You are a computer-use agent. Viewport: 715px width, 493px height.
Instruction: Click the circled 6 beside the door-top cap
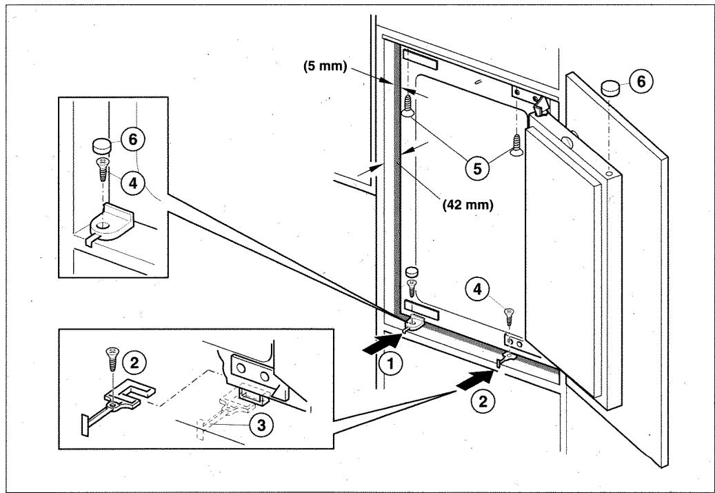point(641,82)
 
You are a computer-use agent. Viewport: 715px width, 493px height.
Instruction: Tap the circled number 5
point(477,169)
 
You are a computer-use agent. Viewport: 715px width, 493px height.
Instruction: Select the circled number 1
point(390,364)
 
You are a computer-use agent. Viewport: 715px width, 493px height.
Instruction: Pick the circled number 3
point(261,425)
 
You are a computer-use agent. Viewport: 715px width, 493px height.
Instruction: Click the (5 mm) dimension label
point(325,67)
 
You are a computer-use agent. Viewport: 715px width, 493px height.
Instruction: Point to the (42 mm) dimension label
point(468,205)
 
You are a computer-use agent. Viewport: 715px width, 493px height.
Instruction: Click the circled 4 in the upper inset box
point(132,183)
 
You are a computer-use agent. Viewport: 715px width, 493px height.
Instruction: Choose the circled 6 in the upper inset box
point(132,139)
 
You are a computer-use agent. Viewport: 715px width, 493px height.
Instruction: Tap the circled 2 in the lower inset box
point(134,363)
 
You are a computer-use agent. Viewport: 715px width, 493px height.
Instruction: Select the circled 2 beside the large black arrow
point(483,401)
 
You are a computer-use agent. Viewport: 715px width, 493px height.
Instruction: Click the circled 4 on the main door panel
point(477,289)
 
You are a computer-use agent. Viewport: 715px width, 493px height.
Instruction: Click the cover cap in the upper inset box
point(102,146)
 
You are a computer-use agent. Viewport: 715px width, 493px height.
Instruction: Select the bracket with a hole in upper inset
point(110,223)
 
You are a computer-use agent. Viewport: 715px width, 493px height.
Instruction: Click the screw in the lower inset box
point(111,360)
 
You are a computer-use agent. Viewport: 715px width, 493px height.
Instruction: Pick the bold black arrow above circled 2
point(475,381)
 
